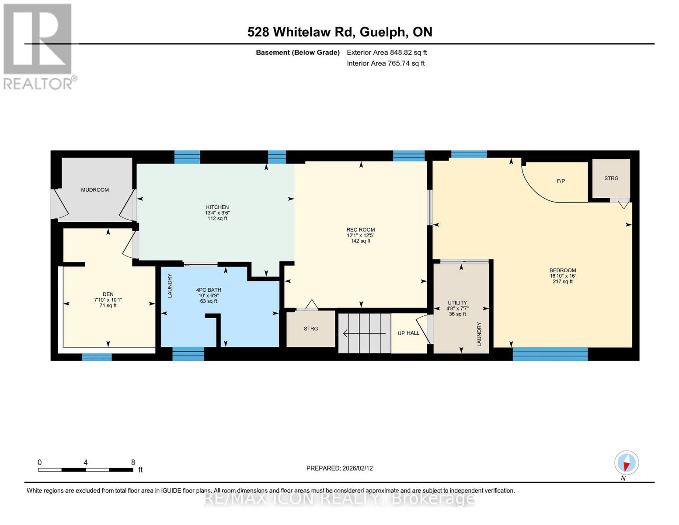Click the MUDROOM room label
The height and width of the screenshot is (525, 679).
(95, 190)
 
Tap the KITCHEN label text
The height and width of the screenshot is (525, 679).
(217, 207)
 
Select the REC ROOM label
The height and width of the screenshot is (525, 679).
(360, 230)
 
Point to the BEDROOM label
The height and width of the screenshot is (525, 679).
(562, 270)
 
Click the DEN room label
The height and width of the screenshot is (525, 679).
(108, 294)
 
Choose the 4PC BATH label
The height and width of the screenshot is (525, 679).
(209, 290)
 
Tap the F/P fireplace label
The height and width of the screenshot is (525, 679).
(561, 181)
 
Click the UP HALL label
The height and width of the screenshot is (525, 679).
(408, 333)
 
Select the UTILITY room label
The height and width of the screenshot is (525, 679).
(457, 303)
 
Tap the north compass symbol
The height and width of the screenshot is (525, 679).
(627, 463)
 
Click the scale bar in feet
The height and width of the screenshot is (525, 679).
(86, 470)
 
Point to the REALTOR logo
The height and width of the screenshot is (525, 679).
(38, 46)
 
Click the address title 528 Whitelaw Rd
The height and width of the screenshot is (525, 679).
(340, 32)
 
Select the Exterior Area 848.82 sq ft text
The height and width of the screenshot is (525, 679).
(387, 52)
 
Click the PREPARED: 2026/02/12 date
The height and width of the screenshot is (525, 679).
(339, 468)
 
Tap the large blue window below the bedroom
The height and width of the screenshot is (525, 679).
(550, 354)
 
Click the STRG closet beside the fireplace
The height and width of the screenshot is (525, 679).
(611, 178)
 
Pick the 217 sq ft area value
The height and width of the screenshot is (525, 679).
(562, 282)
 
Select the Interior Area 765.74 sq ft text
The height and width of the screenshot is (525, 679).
(386, 63)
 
